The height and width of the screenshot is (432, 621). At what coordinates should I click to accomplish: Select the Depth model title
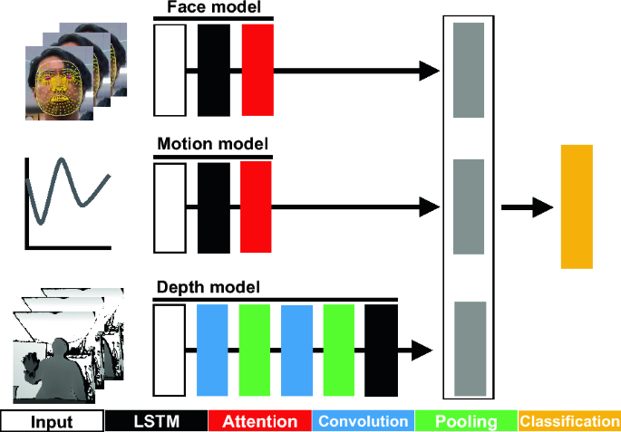209,288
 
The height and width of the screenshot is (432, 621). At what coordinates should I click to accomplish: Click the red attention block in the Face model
257,70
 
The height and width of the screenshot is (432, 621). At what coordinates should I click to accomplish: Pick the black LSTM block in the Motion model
213,207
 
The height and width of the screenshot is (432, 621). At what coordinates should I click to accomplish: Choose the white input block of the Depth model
170,350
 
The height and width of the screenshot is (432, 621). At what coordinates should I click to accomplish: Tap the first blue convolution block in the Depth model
211,350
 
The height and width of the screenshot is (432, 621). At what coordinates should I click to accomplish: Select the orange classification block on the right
577,206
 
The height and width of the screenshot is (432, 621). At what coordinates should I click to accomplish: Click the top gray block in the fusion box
467,70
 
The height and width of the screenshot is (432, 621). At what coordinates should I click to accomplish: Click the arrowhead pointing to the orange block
543,207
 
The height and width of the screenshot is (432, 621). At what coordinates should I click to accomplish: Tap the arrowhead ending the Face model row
430,70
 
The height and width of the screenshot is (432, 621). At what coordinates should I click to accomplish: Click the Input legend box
52,422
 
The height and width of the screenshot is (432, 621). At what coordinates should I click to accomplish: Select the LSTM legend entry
156,422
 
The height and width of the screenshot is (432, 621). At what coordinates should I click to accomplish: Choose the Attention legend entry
259,422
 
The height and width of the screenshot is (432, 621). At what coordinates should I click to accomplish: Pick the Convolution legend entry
363,422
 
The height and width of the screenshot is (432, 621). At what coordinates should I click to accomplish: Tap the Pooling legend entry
466,422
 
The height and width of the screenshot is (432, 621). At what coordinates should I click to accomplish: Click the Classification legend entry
569,422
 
